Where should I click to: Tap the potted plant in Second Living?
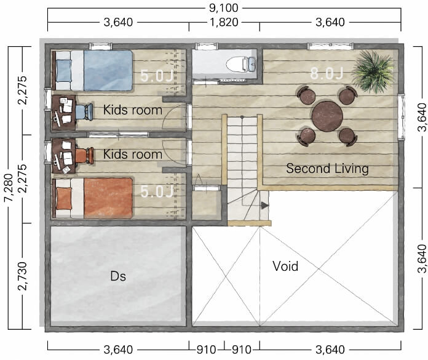[x=373, y=71]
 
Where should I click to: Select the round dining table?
[x=327, y=116]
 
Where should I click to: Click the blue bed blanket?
[x=108, y=70]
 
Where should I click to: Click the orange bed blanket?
[x=108, y=198]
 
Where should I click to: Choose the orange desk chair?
[x=84, y=156]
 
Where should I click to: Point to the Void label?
[x=285, y=266]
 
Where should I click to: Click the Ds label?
[x=118, y=276]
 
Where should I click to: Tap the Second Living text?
[x=327, y=169]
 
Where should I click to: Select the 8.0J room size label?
[x=327, y=73]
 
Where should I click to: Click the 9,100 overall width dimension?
[x=224, y=8]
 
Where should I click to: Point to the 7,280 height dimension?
[x=9, y=188]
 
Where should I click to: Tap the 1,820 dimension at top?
[x=224, y=22]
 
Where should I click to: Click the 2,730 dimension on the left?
[x=22, y=276]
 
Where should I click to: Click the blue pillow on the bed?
[x=64, y=71]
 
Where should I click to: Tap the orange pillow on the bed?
[x=64, y=198]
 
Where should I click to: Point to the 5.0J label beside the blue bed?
[x=157, y=76]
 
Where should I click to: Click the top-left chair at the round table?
[x=306, y=95]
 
